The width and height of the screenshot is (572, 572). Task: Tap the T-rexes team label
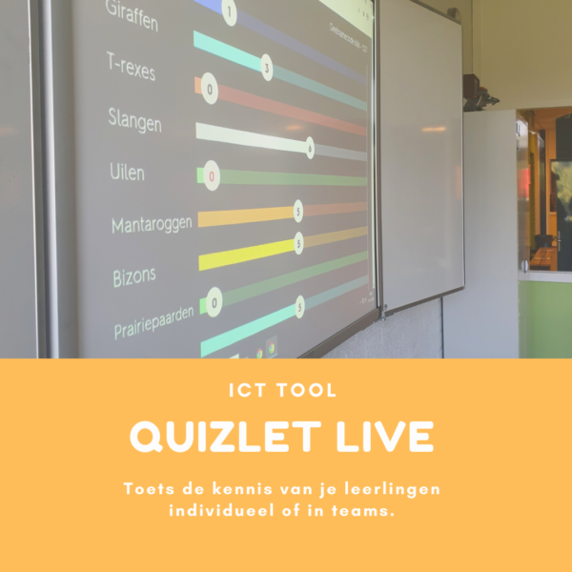(x=131, y=68)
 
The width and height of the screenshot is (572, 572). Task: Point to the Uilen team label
(x=127, y=173)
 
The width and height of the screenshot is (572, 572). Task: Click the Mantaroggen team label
(x=152, y=225)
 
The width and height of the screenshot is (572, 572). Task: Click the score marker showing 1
(x=229, y=12)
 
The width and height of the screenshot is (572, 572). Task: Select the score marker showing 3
(x=267, y=70)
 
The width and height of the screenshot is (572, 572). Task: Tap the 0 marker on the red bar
(x=210, y=92)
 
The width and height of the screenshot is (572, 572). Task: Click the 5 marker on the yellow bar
(x=298, y=245)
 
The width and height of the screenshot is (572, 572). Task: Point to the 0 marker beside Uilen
(x=212, y=176)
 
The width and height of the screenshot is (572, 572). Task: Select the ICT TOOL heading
(x=285, y=390)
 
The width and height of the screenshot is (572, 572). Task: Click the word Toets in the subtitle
(x=146, y=489)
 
